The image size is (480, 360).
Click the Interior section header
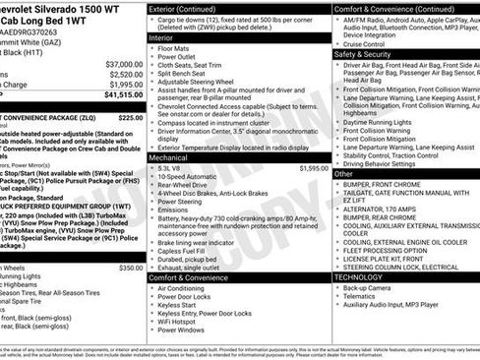click(162, 36)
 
